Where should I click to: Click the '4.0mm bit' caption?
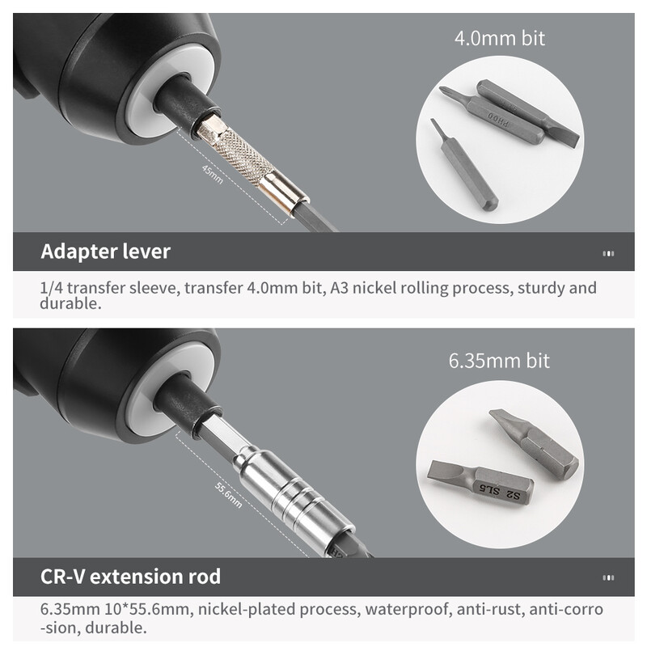coord(499,38)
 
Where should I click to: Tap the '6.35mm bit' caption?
coord(499,361)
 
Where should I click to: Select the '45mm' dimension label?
coord(213,175)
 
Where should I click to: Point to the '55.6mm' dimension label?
coord(228,495)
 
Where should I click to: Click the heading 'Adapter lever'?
coord(106,252)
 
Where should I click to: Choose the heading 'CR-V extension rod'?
coord(130,577)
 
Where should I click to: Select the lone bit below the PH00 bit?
coord(464,165)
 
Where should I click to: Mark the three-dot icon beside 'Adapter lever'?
coord(608,253)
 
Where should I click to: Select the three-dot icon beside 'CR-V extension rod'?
coord(608,577)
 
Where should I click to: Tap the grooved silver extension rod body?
coord(293,494)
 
